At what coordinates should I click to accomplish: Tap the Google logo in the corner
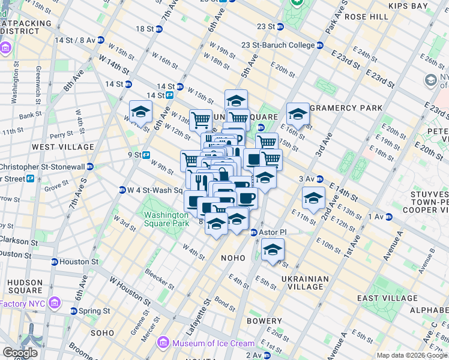20,353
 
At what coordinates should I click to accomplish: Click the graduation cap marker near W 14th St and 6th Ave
140,112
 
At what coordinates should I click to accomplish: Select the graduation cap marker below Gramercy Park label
298,113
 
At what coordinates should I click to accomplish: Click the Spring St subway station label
90,311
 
